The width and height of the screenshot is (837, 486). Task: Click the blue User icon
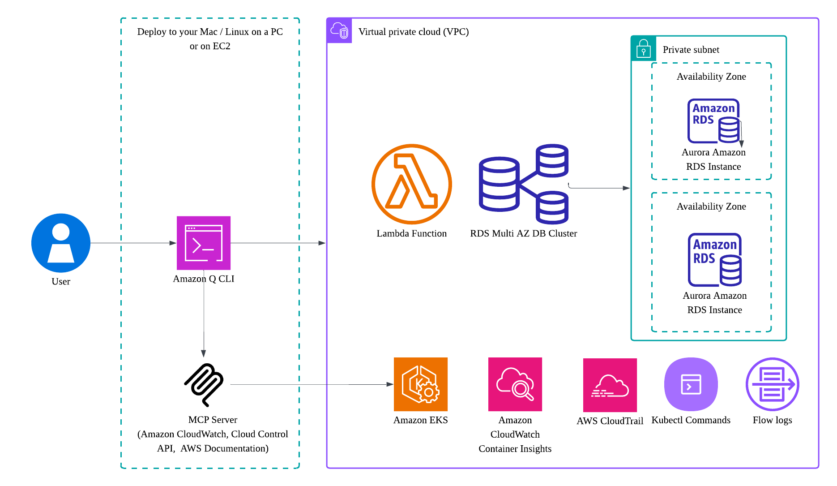tap(61, 243)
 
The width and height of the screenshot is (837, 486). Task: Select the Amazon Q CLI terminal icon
tap(204, 243)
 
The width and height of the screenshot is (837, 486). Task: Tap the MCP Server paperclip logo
tap(204, 384)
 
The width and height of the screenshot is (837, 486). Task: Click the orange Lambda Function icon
tap(411, 184)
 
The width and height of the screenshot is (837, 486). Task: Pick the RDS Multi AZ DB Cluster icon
tap(523, 184)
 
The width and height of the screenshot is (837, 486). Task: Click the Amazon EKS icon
tap(420, 384)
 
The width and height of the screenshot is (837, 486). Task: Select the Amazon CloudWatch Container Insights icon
tap(515, 384)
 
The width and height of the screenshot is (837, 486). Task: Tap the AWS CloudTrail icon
tap(610, 385)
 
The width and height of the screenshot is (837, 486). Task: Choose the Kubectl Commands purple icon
tap(691, 384)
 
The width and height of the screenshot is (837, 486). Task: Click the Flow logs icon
tap(772, 384)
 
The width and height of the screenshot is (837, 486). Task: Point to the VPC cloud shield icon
tap(339, 31)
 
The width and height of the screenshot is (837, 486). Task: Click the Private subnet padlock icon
tap(643, 48)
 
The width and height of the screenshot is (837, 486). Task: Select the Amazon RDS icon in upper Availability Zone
tap(713, 121)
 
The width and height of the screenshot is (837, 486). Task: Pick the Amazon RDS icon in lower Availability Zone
tap(714, 259)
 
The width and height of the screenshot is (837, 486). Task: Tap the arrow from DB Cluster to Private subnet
tap(600, 188)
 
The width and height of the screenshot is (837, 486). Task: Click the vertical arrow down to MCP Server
tap(204, 314)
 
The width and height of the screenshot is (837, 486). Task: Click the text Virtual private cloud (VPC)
tap(413, 32)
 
